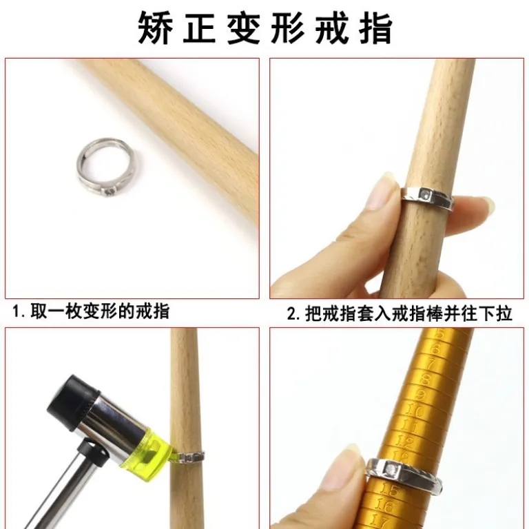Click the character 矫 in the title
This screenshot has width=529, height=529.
click(156, 28)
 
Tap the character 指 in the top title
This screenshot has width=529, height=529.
click(375, 28)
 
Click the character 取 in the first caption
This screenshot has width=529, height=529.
click(39, 311)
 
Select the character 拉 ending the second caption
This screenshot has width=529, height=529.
click(504, 313)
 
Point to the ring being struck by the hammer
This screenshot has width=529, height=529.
click(191, 457)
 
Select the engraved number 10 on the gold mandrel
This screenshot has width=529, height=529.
click(414, 411)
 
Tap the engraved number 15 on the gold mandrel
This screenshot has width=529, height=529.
click(390, 489)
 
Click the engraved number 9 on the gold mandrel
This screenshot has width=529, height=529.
click(420, 395)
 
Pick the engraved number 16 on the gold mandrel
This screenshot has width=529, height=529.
click(384, 506)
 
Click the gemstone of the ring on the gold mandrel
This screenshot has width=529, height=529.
click(393, 468)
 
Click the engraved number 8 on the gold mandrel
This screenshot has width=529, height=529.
click(426, 380)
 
